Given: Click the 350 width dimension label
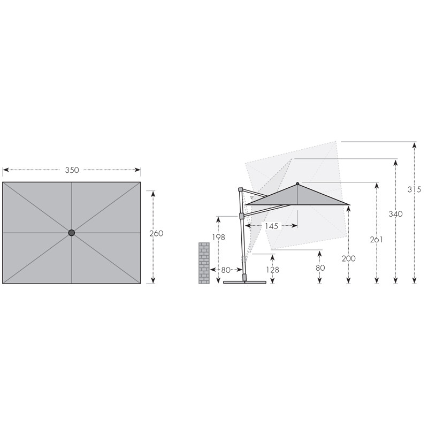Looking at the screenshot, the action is [72, 170].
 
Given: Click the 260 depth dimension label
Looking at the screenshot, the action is [156, 233].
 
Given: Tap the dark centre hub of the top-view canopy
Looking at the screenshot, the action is [72, 233].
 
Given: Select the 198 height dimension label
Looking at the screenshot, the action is [219, 237].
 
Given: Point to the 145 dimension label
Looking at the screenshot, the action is [272, 226].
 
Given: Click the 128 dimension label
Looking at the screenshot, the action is [273, 270].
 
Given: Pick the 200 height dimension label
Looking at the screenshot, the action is [349, 258].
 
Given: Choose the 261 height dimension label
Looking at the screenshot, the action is [377, 240].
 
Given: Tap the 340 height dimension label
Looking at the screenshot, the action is [396, 214].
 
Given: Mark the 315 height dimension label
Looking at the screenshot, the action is [414, 189].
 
